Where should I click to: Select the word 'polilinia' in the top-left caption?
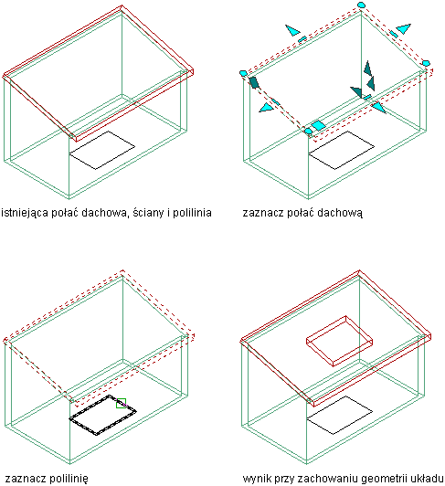pyautogui.click(x=192, y=213)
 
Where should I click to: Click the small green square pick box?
pyautogui.click(x=121, y=403)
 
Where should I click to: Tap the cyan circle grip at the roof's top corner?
pyautogui.click(x=361, y=5)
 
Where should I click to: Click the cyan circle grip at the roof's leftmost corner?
pyautogui.click(x=243, y=73)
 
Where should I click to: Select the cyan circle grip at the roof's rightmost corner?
pyautogui.click(x=427, y=63)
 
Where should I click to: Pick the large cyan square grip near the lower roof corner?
pyautogui.click(x=318, y=125)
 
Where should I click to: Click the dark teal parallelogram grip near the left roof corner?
pyautogui.click(x=254, y=82)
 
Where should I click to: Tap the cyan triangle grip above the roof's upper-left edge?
pyautogui.click(x=292, y=30)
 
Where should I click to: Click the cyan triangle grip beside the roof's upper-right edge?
pyautogui.click(x=404, y=28)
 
